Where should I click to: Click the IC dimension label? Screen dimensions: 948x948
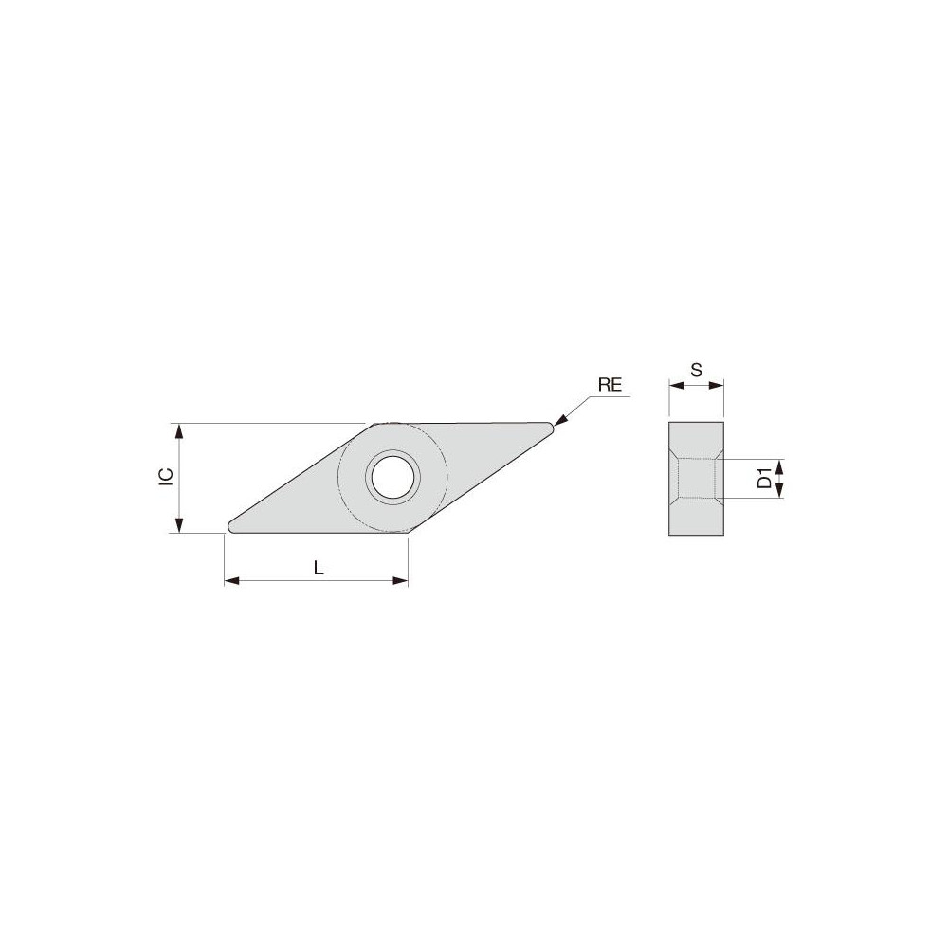click(x=165, y=477)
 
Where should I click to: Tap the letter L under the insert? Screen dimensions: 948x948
click(x=319, y=568)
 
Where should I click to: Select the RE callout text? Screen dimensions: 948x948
click(x=610, y=386)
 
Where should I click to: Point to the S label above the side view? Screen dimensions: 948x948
click(x=696, y=371)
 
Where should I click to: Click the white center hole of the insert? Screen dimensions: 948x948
click(x=392, y=477)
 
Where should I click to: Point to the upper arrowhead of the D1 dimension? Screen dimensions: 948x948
click(x=780, y=465)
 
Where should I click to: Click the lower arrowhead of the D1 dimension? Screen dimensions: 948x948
click(x=780, y=491)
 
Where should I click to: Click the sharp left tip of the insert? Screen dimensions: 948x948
click(x=229, y=526)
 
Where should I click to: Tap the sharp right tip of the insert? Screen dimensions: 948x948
click(x=549, y=428)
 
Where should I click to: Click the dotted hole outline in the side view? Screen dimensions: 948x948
click(x=697, y=479)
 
